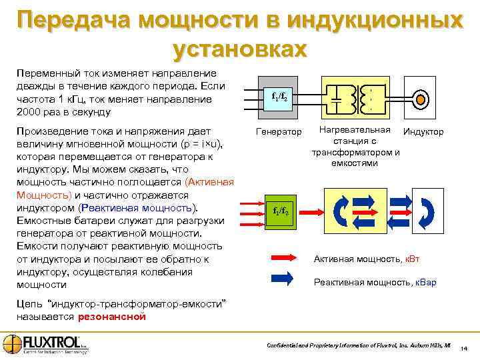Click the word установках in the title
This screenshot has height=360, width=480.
240,48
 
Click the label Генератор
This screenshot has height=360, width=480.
279,132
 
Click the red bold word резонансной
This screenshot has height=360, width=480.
111,317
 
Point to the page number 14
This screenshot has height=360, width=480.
464,349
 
